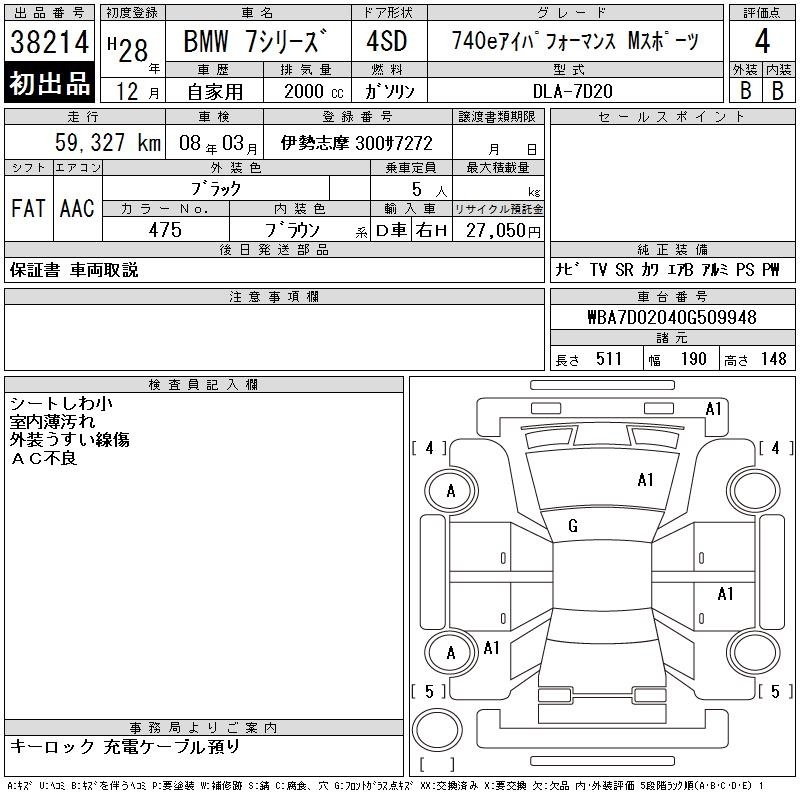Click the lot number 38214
coord(49,42)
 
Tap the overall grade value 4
coord(762,41)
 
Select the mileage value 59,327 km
coord(108,142)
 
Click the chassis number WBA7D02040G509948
coord(672,317)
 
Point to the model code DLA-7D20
coord(572,91)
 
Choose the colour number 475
coord(165,230)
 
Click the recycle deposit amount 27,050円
coord(503,231)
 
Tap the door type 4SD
coord(387,41)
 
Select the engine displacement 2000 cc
coord(314,92)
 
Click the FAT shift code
coord(28,208)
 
